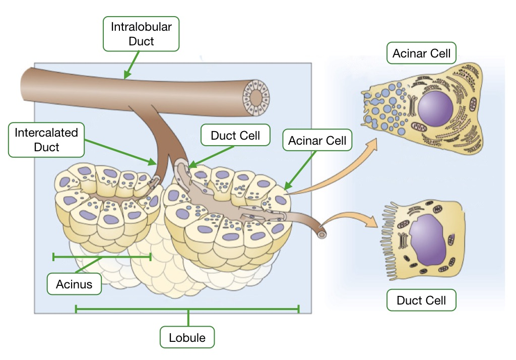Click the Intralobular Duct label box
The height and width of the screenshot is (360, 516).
pos(141,34)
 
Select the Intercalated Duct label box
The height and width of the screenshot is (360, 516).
pos(46,140)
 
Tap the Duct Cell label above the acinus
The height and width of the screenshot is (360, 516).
pos(235,135)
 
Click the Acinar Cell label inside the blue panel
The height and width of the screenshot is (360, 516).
pos(317,141)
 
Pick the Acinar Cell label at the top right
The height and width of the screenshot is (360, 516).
pos(421,53)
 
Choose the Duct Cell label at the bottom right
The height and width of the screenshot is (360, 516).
pos(421,301)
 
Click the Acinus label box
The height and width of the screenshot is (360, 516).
pos(74,284)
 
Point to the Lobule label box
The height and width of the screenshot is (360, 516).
pos(187,337)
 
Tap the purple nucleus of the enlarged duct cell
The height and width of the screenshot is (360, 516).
pos(428,238)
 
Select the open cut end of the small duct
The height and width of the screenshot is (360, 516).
pos(321,234)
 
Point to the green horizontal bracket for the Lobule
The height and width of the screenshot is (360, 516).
pos(187,309)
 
